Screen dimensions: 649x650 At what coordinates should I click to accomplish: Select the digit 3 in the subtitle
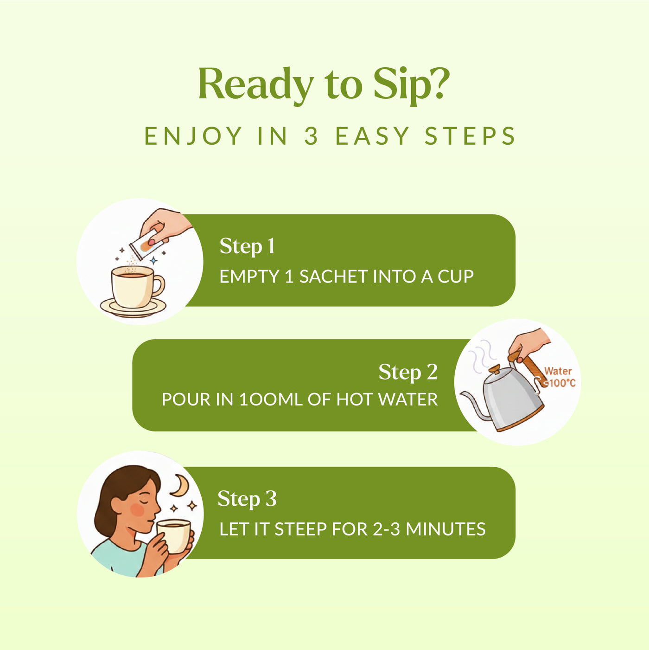(311, 136)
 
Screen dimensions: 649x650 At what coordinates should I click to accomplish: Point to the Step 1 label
(247, 246)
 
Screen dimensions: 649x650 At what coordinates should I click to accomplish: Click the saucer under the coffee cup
(133, 307)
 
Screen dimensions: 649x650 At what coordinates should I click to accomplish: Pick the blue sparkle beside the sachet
(154, 260)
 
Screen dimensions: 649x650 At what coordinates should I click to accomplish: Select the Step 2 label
(408, 372)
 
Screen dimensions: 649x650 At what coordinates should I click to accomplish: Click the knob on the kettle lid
(495, 369)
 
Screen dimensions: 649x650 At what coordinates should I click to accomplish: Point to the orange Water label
(558, 371)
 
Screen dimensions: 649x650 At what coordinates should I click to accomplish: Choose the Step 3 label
(247, 499)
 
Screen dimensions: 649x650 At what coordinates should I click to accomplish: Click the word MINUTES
(445, 529)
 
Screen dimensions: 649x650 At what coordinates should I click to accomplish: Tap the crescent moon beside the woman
(179, 486)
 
